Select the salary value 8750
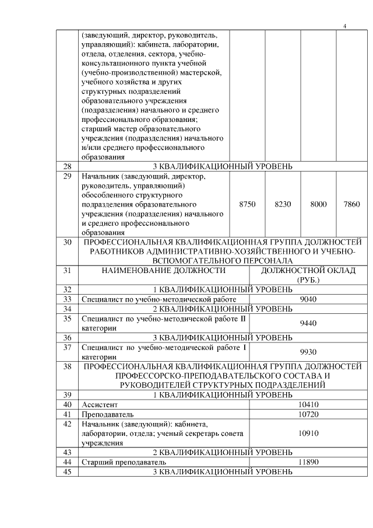[x=248, y=204]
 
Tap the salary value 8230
[x=283, y=204]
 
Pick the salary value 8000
[x=318, y=204]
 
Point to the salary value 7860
[x=352, y=204]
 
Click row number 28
[x=67, y=166]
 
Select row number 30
[x=67, y=242]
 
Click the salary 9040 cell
[x=308, y=299]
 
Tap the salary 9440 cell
[x=308, y=323]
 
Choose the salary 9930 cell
[x=308, y=352]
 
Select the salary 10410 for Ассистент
[x=308, y=404]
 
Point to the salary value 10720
[x=308, y=414]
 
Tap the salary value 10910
[x=308, y=433]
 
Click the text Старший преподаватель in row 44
[x=122, y=461]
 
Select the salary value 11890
[x=308, y=461]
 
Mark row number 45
[x=67, y=471]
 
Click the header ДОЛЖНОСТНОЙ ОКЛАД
[x=308, y=271]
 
